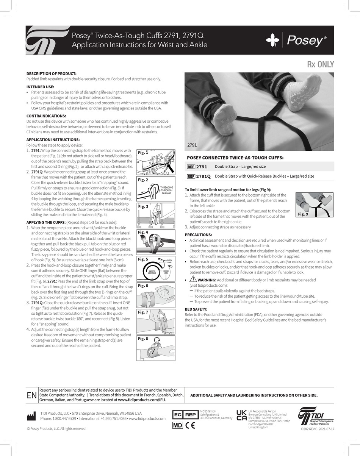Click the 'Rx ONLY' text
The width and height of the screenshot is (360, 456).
coord(321,64)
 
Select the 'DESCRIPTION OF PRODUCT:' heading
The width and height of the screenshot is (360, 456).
coord(51,73)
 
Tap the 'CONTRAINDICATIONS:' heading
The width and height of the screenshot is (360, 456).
coord(46,116)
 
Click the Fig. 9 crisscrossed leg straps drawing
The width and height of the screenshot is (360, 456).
coord(314,204)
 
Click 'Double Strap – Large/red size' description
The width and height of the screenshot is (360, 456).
coord(240,167)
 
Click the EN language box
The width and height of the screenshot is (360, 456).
coord(32,395)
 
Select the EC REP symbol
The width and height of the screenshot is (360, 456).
coord(185,415)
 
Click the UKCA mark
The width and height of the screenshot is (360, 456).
coord(241,415)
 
